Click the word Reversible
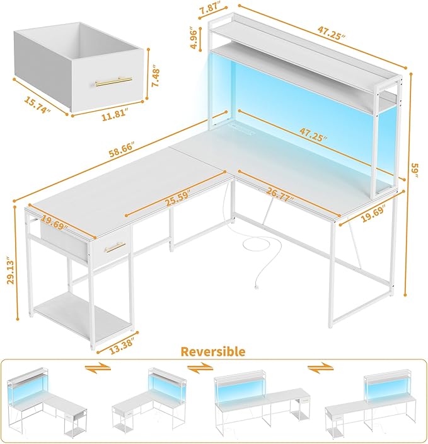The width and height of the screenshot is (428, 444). [x=214, y=351]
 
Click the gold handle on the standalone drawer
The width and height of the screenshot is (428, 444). [x=113, y=81]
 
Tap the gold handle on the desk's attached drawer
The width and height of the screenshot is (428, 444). [x=115, y=247]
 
